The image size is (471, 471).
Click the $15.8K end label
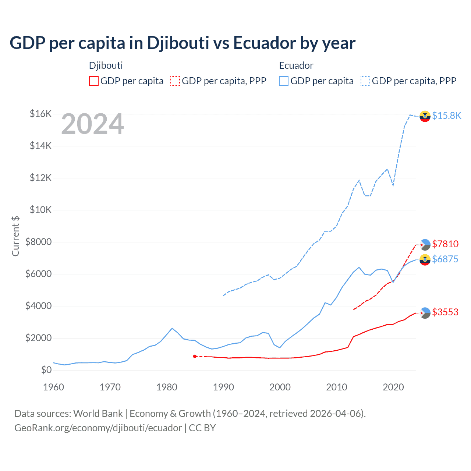(446, 116)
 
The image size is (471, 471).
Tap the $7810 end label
(445, 244)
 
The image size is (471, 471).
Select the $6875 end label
(445, 259)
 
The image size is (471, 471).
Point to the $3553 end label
(445, 312)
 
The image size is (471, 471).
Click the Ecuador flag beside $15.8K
(425, 116)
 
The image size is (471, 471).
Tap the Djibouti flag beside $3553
(425, 313)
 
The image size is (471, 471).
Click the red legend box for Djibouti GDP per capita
(94, 81)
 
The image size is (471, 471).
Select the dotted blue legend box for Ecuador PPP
(365, 81)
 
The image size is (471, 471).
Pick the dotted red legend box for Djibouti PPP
(175, 81)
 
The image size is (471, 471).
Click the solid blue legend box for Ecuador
(284, 81)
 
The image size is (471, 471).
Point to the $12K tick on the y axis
(41, 178)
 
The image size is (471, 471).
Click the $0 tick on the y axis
(46, 370)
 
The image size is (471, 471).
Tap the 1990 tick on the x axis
(223, 387)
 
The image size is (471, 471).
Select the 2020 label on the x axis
(393, 387)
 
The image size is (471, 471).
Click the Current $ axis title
(15, 236)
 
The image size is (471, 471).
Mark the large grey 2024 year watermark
(92, 124)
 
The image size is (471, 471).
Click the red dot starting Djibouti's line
(195, 356)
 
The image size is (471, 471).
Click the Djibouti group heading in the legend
(106, 65)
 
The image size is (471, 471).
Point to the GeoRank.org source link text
(98, 428)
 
